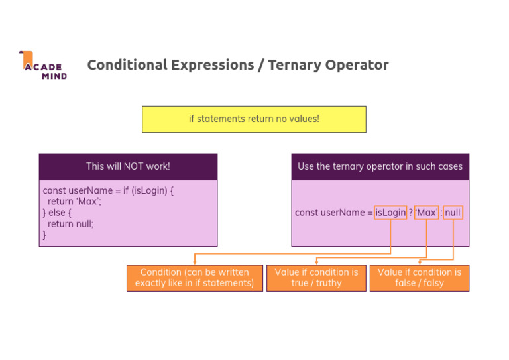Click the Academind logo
tap(43, 66)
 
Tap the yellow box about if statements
tap(254, 119)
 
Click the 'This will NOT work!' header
tap(128, 166)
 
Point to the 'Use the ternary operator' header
tap(380, 166)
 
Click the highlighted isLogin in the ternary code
tap(390, 213)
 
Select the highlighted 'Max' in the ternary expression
tap(427, 213)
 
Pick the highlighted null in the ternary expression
tap(453, 213)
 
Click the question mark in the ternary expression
tap(411, 213)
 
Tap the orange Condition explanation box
tap(194, 278)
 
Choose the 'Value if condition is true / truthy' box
tap(316, 278)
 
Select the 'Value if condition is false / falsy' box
tap(419, 278)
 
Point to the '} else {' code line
tap(57, 213)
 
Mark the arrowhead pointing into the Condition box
tap(194, 263)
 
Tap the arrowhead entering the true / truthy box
tap(316, 263)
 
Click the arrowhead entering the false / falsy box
tap(419, 263)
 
